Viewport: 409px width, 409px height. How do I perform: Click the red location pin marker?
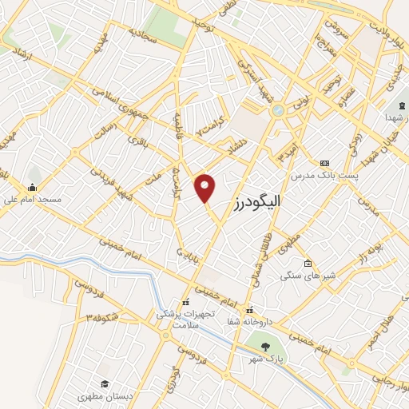pyautogui.click(x=206, y=187)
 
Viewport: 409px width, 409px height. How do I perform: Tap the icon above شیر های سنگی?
pyautogui.click(x=308, y=264)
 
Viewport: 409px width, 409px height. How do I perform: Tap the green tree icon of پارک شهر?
pyautogui.click(x=265, y=345)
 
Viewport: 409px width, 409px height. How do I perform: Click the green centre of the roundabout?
pyautogui.click(x=277, y=110)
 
